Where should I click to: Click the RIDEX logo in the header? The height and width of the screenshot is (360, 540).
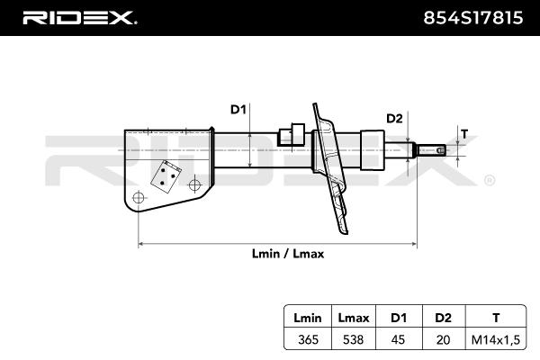click(79, 18)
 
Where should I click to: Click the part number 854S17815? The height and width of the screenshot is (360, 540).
click(472, 18)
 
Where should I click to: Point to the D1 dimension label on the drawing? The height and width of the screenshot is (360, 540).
click(238, 110)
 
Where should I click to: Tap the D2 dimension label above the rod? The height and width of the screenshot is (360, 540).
click(394, 119)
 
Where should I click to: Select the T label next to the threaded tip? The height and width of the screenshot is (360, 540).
click(464, 134)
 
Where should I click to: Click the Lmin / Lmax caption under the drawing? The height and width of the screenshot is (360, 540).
click(288, 254)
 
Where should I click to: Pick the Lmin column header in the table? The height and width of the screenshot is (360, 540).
click(308, 318)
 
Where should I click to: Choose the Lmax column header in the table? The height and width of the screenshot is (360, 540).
click(354, 318)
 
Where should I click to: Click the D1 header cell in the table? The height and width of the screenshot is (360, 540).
click(399, 318)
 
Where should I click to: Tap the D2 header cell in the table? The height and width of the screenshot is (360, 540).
click(443, 318)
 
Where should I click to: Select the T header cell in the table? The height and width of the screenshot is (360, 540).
click(496, 318)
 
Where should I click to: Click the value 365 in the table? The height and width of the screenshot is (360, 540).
click(308, 339)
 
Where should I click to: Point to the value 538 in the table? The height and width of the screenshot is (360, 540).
click(354, 339)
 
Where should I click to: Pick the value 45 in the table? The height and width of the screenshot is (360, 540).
click(398, 339)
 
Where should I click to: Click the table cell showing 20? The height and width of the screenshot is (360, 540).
click(443, 339)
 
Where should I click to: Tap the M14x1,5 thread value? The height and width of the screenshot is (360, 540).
click(496, 340)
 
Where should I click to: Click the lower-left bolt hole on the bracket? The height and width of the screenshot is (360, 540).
click(139, 198)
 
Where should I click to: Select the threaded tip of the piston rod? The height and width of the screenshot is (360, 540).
click(431, 150)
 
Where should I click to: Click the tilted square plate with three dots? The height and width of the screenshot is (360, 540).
click(166, 176)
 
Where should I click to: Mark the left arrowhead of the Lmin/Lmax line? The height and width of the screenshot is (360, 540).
click(140, 244)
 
